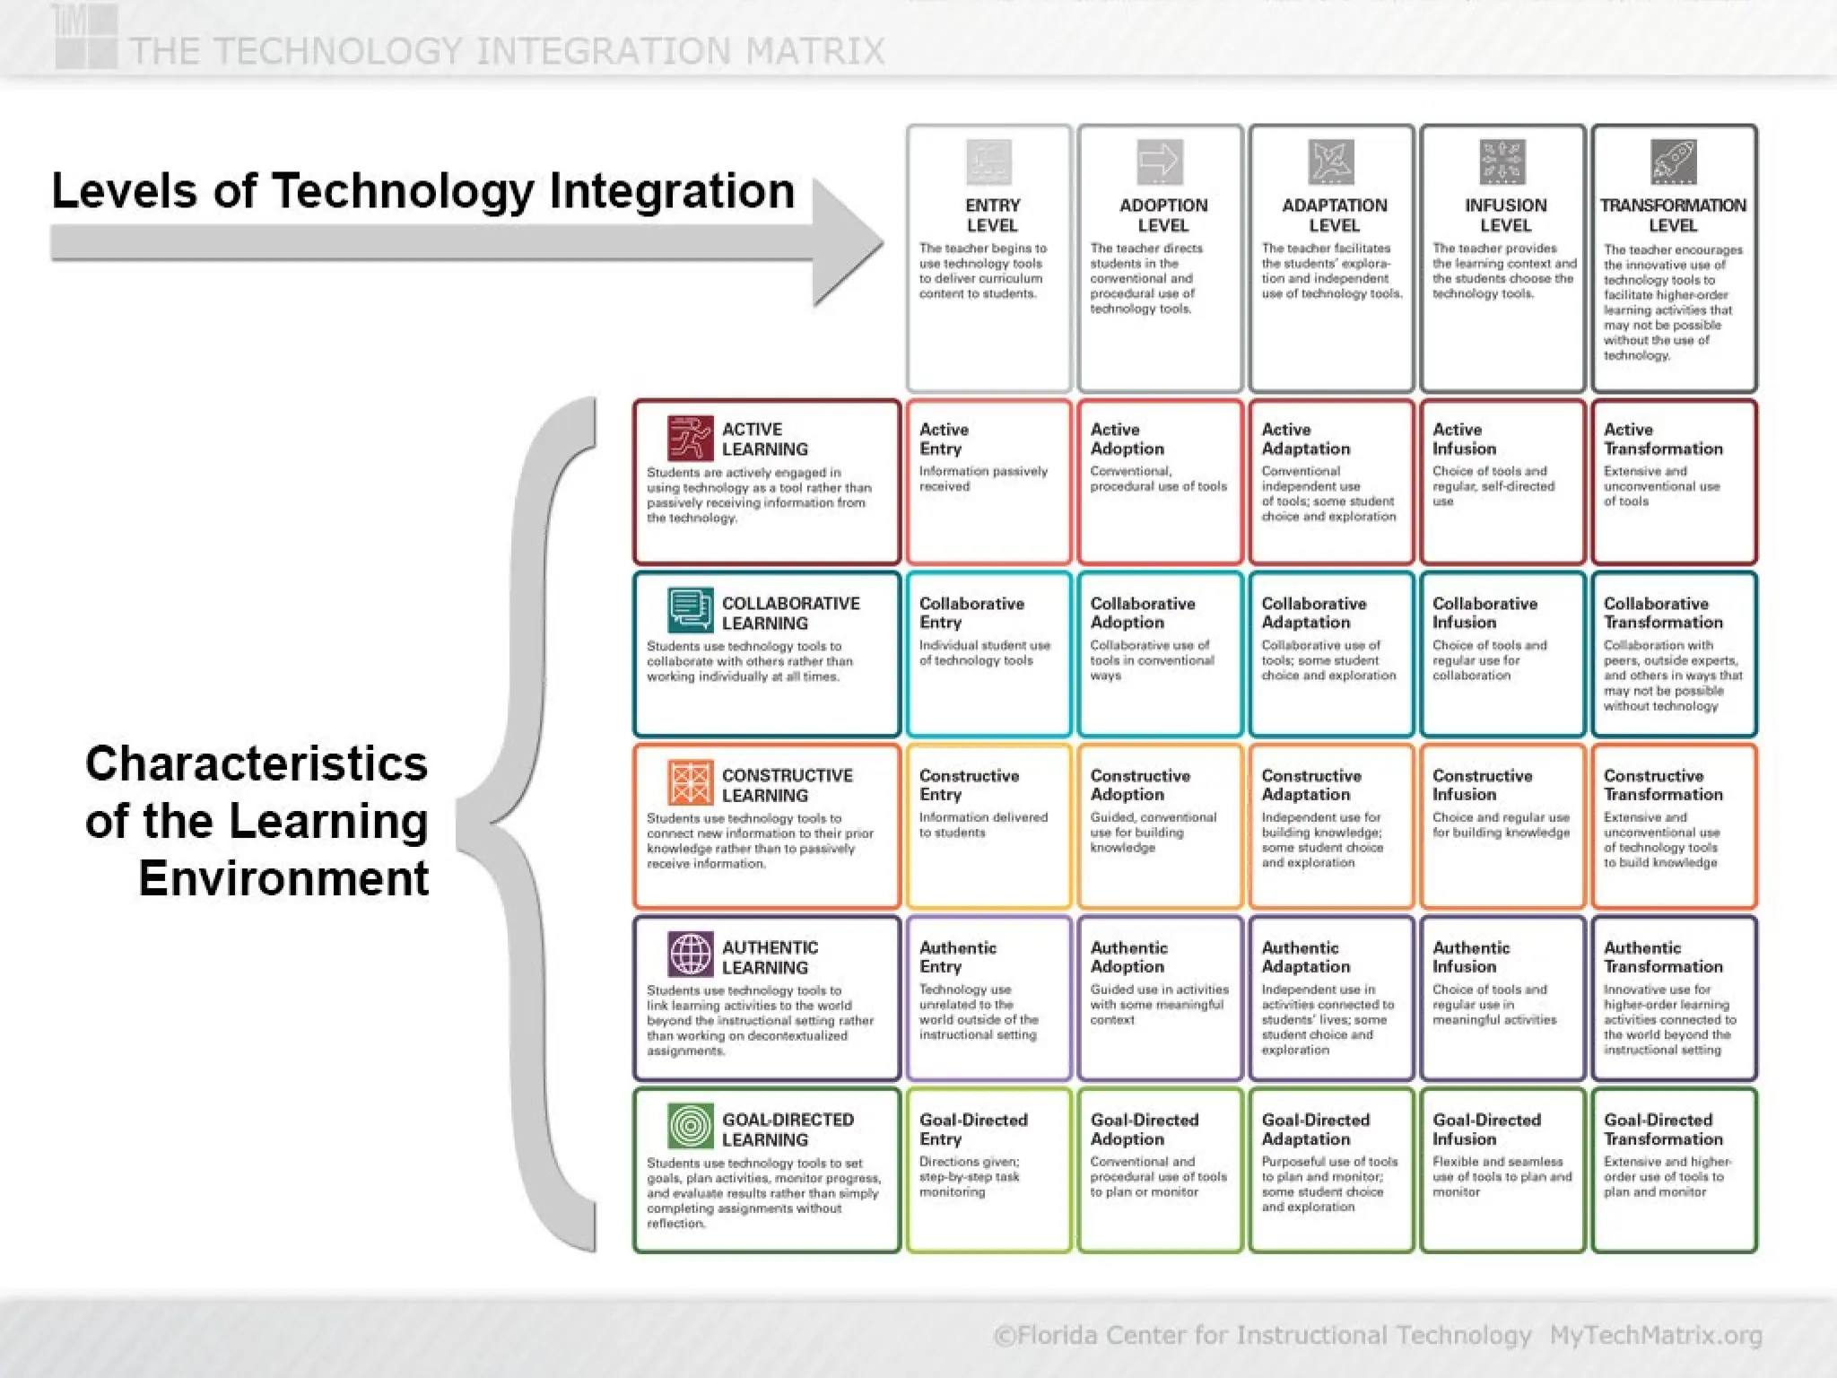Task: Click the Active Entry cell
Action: (x=988, y=482)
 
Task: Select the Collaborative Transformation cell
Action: (x=1674, y=654)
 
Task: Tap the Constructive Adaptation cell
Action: (x=1331, y=825)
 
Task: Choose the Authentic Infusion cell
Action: (x=1502, y=998)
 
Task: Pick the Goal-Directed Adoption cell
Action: (x=1160, y=1170)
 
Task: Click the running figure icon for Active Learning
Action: (x=690, y=438)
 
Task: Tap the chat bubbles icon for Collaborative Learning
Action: (x=690, y=610)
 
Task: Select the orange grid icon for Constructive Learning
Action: (x=690, y=782)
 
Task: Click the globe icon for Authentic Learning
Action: (x=690, y=955)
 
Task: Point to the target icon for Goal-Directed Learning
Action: (x=690, y=1126)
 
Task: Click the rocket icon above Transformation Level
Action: (x=1674, y=162)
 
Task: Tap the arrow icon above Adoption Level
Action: (x=1160, y=162)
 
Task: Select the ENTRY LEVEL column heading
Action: (x=992, y=215)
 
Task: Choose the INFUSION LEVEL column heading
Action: (x=1505, y=215)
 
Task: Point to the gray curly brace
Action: (x=529, y=824)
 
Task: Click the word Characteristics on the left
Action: (x=257, y=764)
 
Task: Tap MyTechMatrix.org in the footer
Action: (x=1656, y=1335)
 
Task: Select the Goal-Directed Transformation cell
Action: (x=1674, y=1170)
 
